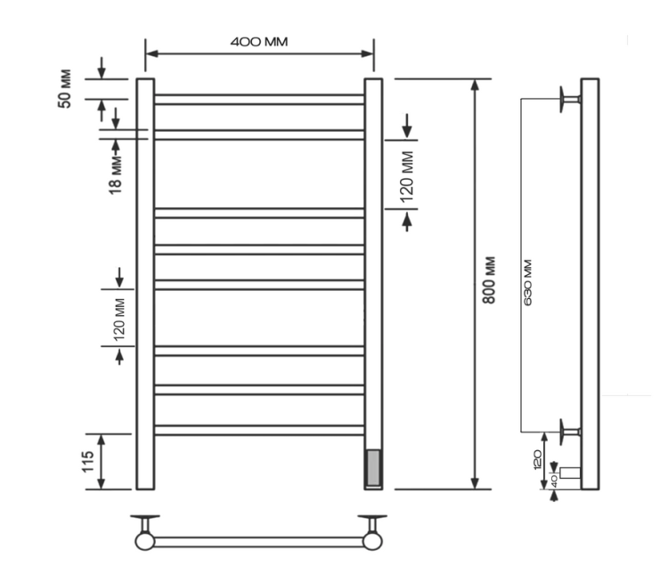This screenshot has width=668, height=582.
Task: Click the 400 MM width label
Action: coord(259,42)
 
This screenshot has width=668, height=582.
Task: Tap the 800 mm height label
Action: coord(489,279)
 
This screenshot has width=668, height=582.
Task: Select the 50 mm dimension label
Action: coord(65,89)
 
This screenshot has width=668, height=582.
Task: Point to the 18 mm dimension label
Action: coord(116,175)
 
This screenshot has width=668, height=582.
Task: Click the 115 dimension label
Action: coord(88,462)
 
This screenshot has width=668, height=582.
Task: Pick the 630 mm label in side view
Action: coord(528,282)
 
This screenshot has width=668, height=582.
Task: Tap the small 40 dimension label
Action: coord(554,481)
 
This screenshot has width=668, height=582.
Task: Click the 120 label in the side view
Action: coord(537,459)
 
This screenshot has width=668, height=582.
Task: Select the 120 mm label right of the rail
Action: coord(407,177)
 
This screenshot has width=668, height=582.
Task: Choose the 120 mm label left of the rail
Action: coord(119,319)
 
